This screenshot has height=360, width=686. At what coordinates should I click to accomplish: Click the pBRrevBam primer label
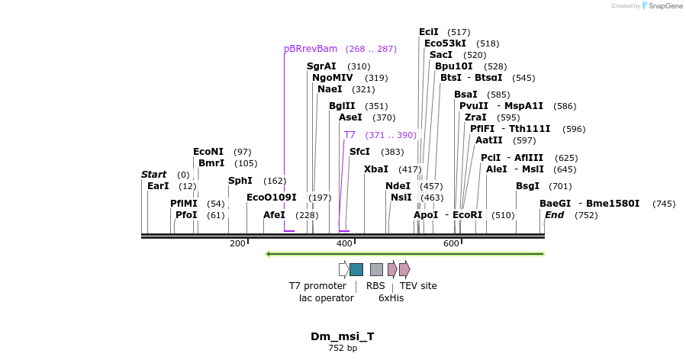coord(311,49)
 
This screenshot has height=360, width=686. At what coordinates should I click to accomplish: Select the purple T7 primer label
coord(349,135)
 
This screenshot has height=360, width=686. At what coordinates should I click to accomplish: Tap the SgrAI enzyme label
coord(321,66)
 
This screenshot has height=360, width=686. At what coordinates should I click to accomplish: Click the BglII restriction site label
coord(342,106)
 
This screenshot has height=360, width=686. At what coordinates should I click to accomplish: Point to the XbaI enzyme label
coord(376,169)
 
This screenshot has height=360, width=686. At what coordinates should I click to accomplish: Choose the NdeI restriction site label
coord(398,185)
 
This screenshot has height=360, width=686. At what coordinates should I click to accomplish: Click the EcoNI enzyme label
coord(208,152)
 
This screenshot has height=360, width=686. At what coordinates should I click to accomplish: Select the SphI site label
coord(240,181)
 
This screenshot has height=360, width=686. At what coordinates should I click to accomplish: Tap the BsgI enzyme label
coord(527,185)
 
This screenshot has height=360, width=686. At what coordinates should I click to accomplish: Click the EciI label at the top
coord(429,32)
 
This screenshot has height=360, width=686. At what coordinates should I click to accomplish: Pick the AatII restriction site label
coord(489,140)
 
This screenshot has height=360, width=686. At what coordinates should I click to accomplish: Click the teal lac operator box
coord(356,269)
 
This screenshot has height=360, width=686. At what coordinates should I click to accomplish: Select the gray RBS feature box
coord(376,269)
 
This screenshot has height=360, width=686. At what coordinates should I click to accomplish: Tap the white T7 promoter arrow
coord(343,269)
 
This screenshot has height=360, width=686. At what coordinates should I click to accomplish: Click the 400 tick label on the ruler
coord(345,243)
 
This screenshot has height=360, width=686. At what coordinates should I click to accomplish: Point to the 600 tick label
coord(452,243)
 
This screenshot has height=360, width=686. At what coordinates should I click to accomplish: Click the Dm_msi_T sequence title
coord(343,336)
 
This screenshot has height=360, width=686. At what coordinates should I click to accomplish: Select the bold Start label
coord(153,175)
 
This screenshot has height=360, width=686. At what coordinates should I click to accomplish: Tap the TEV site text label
coord(418,286)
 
